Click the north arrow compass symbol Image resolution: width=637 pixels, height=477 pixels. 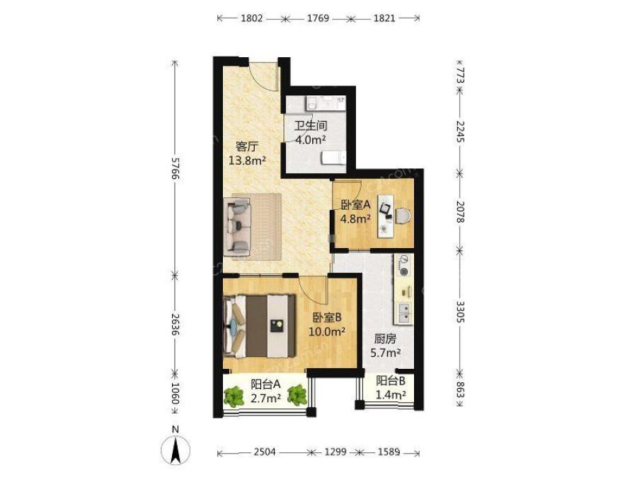[x=176, y=450]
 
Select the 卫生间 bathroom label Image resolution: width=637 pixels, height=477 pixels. [x=311, y=125]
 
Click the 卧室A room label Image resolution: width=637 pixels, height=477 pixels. [x=355, y=205]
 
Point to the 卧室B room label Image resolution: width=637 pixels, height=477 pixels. [x=326, y=317]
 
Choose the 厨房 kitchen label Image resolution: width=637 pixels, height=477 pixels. [x=385, y=338]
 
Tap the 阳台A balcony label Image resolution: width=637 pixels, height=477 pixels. [x=265, y=384]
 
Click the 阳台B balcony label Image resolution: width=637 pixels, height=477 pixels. [x=391, y=381]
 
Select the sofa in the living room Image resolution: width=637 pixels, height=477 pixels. [x=238, y=227]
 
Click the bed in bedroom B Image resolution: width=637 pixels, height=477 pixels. [x=260, y=326]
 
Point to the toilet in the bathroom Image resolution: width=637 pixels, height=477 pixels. [x=334, y=158]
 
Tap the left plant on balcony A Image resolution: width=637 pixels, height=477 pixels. [x=233, y=396]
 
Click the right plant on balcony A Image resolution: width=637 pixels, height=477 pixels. [x=297, y=395]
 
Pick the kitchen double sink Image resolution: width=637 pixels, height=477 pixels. [x=405, y=314]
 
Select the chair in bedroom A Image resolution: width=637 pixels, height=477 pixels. [x=403, y=215]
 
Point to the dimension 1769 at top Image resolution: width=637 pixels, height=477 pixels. [x=318, y=18]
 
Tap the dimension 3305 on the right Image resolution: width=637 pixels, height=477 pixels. [x=460, y=312]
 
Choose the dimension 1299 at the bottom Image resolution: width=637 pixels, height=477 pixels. [x=335, y=452]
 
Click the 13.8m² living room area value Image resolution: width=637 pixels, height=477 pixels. [x=247, y=160]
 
